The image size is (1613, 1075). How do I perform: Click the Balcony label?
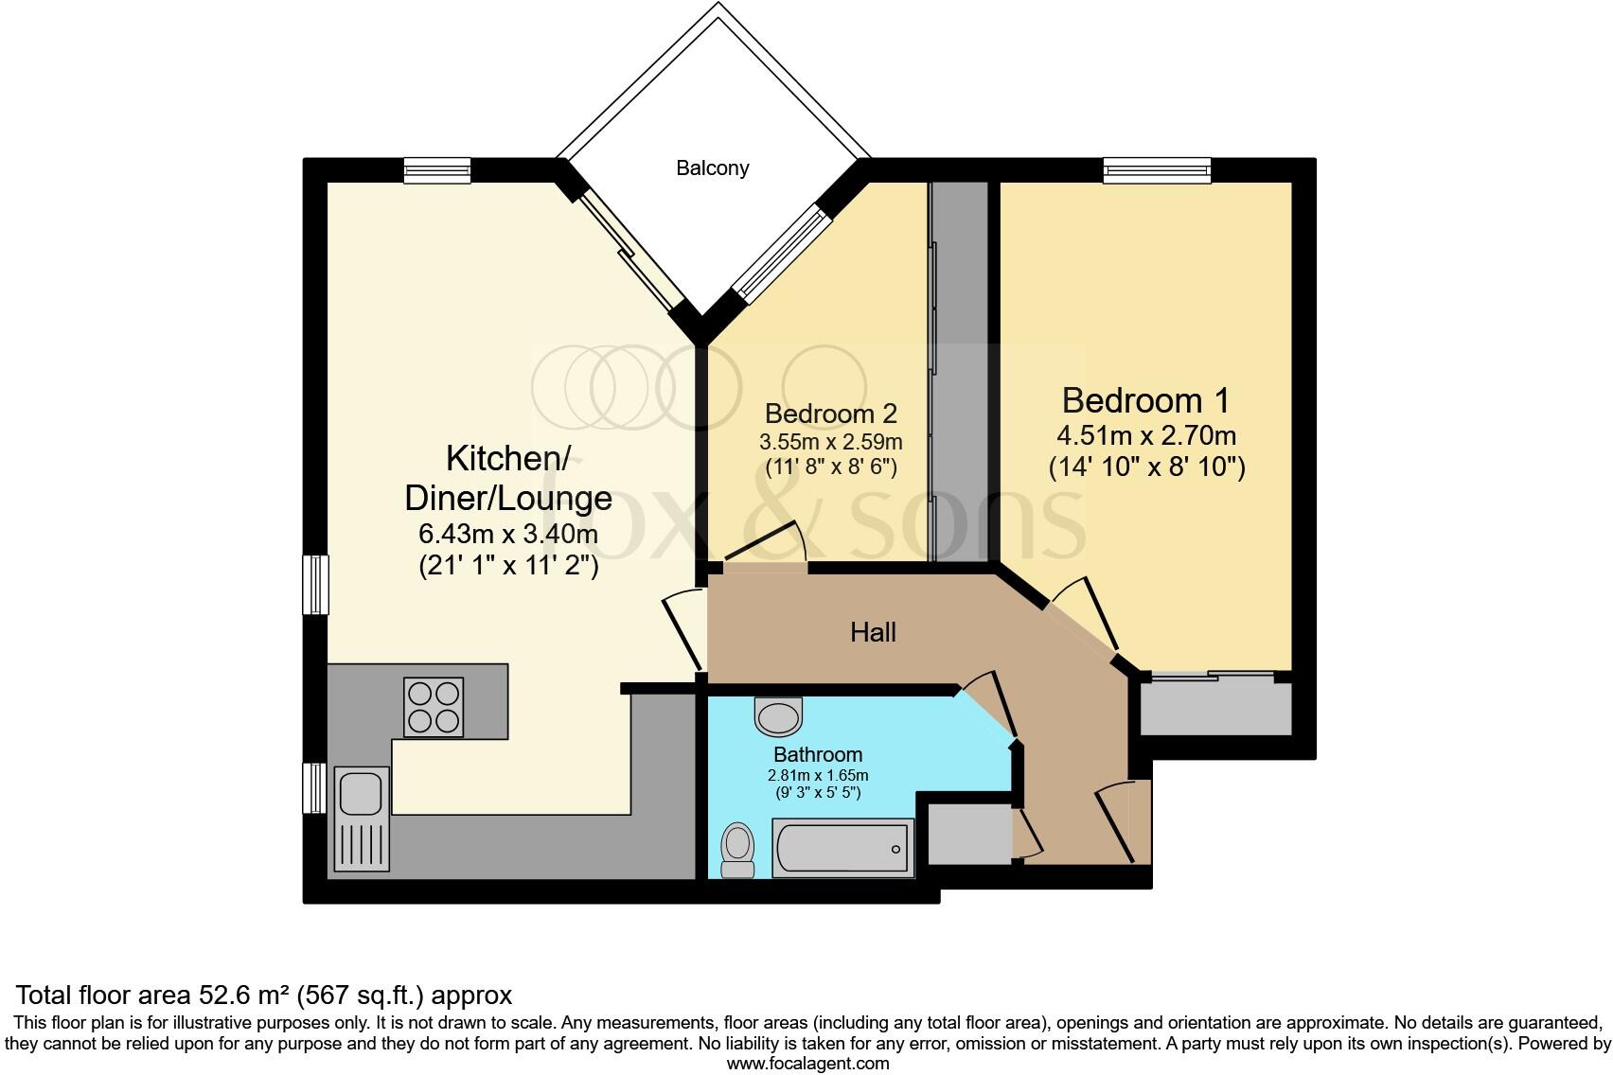click(712, 168)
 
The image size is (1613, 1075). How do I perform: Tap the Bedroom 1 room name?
click(1145, 400)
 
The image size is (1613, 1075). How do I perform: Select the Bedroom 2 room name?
click(830, 414)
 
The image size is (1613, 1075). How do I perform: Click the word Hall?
click(873, 632)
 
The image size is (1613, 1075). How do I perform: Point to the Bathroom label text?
click(818, 754)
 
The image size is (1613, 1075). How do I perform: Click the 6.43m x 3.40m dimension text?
click(508, 534)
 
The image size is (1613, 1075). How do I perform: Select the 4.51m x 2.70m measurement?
click(1145, 436)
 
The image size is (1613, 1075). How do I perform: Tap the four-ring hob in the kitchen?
click(434, 707)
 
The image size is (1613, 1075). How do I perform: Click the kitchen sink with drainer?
click(361, 818)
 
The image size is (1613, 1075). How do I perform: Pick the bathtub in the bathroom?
click(843, 848)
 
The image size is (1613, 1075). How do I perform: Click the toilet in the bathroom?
click(736, 849)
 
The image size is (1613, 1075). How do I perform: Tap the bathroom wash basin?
click(778, 715)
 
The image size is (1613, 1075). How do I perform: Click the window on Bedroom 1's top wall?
click(1157, 170)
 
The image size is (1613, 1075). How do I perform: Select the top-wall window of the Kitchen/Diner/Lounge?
click(436, 170)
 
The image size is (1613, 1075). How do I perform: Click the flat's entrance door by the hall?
click(1117, 821)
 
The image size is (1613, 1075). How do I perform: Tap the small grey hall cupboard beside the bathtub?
click(968, 834)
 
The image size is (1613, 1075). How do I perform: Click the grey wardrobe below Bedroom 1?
click(1215, 708)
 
